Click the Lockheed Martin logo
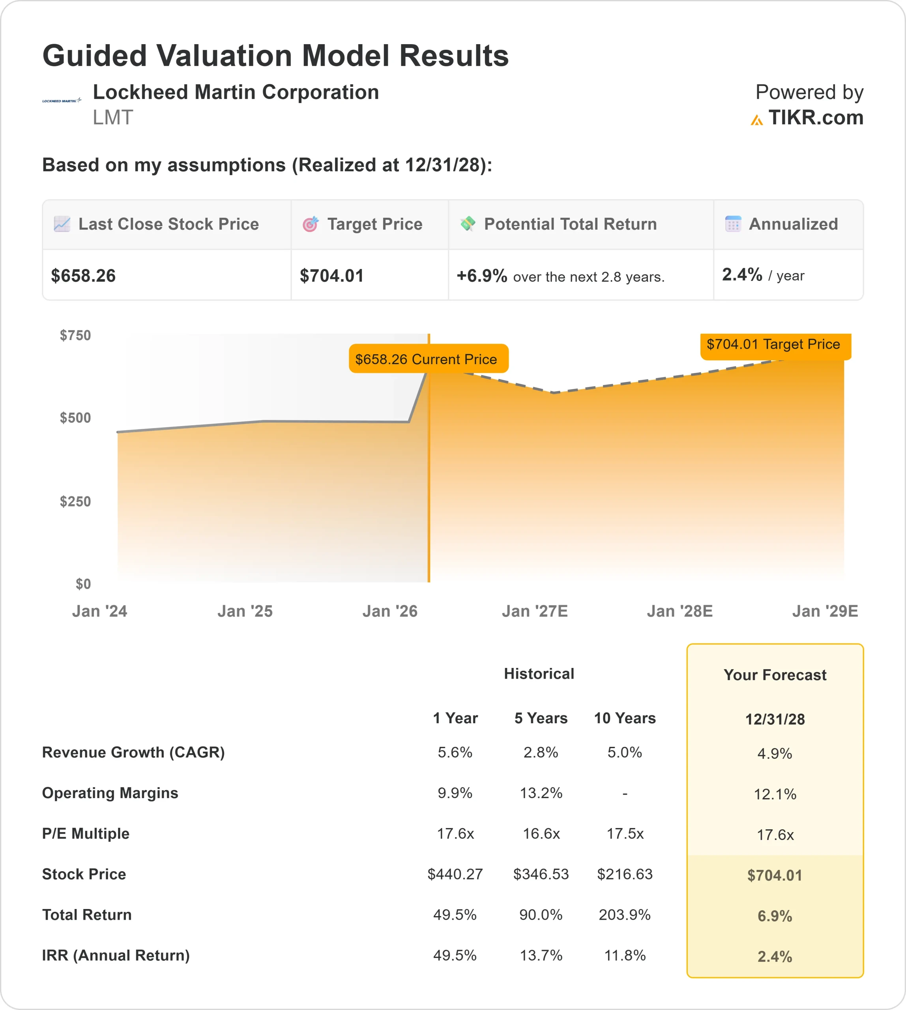[62, 101]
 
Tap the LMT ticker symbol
[113, 118]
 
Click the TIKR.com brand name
[815, 118]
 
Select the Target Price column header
[374, 224]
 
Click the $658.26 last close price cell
[83, 276]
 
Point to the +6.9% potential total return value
[481, 276]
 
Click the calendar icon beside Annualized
[733, 224]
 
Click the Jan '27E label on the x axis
[535, 611]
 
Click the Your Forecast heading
[775, 675]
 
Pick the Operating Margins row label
[110, 793]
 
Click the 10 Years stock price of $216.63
[625, 874]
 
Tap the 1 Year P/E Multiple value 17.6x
[455, 833]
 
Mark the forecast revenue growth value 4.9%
[775, 754]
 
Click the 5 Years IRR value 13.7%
[541, 955]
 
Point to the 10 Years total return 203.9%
[625, 915]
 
